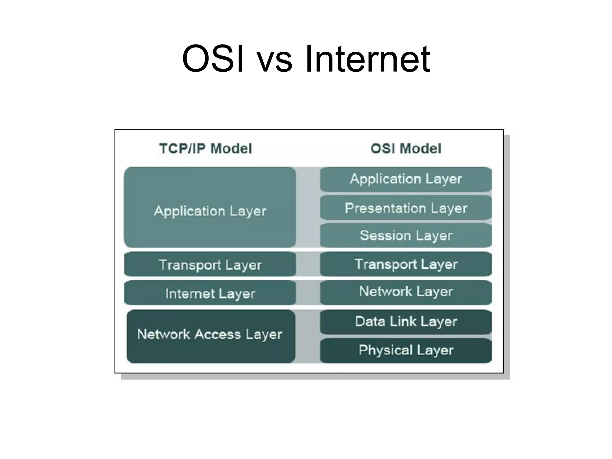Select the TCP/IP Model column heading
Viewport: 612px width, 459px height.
tap(206, 149)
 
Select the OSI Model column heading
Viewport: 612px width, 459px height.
tap(406, 149)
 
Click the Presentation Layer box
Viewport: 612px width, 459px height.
tap(406, 208)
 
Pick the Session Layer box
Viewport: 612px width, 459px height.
tap(406, 235)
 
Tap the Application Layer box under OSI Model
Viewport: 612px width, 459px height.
tap(406, 179)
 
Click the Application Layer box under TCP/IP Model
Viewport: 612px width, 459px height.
tap(210, 207)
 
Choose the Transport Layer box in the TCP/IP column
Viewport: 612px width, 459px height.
tap(210, 264)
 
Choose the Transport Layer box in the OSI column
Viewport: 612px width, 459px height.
tap(406, 264)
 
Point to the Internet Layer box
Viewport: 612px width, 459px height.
tap(210, 293)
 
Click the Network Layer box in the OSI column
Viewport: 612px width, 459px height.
tap(406, 292)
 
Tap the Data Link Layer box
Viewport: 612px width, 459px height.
tap(406, 322)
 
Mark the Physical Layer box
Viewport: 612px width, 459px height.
tap(406, 350)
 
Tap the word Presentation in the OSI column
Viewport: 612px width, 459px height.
tap(385, 208)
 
